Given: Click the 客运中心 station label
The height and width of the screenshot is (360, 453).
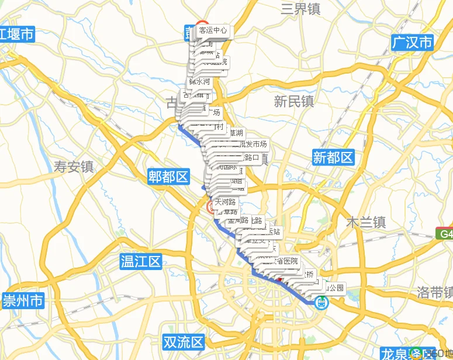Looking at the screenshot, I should coord(213,30).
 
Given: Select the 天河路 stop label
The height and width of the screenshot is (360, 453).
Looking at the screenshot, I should coord(226,202).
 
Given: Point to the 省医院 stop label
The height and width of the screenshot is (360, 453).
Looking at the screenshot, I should coord(287,261).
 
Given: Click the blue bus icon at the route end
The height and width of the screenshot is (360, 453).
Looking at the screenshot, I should coord(321,302).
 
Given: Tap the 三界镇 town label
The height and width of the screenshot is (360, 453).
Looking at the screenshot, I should coord(300,8).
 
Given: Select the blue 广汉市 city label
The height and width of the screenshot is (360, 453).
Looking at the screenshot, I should coord(413,43).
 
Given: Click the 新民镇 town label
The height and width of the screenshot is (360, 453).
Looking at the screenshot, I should coord(294,101).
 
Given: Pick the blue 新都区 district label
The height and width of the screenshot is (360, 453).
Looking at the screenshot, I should coord(333,157).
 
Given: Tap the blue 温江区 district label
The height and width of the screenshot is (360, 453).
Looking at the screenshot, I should coord(140,261).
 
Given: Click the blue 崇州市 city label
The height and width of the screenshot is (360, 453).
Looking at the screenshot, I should coord(23,301).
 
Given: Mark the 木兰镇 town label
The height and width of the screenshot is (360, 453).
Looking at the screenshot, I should coord(366,222).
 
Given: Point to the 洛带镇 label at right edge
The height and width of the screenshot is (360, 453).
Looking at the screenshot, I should coord(435,292).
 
